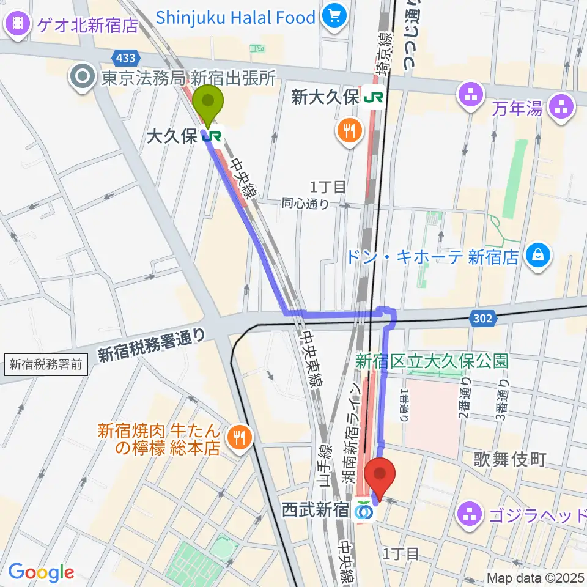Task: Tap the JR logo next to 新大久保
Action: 373,97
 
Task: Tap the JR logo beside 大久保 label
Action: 212,136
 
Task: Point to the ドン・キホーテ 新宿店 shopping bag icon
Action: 540,255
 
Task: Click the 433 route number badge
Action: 125,57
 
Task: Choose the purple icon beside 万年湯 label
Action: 561,108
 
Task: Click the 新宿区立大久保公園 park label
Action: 432,361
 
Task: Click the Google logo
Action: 41,572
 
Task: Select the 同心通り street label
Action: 306,203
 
